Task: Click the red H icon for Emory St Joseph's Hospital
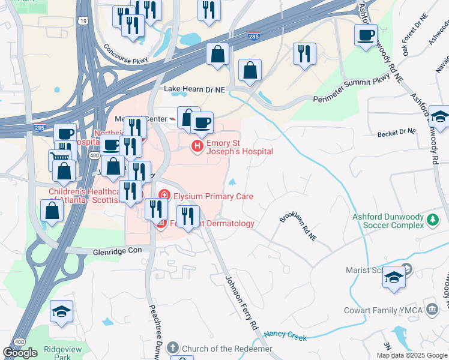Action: pyautogui.click(x=197, y=146)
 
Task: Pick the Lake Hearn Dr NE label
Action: pyautogui.click(x=194, y=89)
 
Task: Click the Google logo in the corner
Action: pyautogui.click(x=20, y=353)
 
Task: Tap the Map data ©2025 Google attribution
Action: pyautogui.click(x=412, y=355)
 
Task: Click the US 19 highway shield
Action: pyautogui.click(x=83, y=21)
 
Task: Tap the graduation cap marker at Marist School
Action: pyautogui.click(x=394, y=277)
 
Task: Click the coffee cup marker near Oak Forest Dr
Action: pyautogui.click(x=366, y=35)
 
